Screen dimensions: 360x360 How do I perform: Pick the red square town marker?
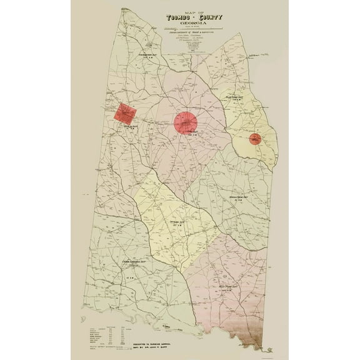point(126,113)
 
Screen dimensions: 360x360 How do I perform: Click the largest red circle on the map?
point(186,122)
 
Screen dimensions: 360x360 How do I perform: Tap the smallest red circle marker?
point(255,139)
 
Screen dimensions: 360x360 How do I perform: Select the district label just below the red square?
point(129,127)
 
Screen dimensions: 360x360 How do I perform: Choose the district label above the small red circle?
point(238,98)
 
